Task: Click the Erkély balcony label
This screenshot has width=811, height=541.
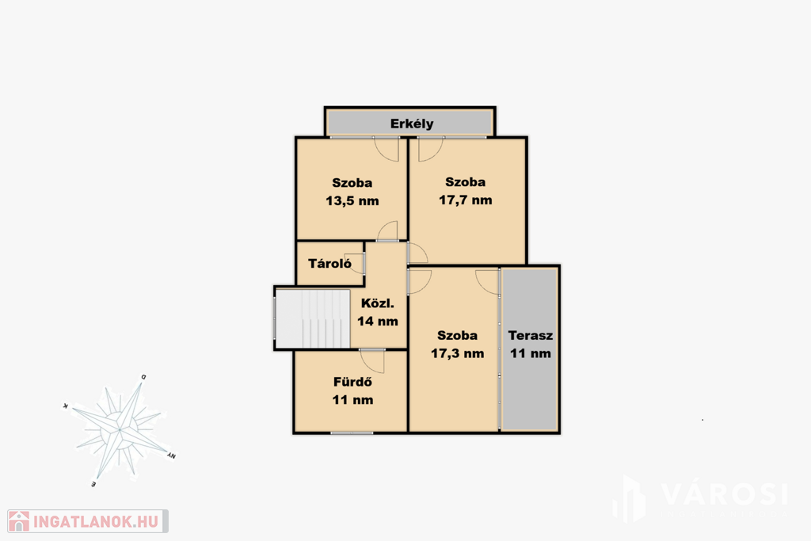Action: (412, 124)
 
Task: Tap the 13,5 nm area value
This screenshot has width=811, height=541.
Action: (352, 200)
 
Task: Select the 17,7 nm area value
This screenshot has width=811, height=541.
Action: (466, 200)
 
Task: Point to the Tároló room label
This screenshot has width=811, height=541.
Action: (329, 263)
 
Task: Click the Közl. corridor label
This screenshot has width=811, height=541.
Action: (378, 303)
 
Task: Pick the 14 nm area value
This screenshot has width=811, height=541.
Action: (378, 321)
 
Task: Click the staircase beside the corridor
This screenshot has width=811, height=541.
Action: (313, 318)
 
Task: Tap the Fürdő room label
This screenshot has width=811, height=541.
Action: (352, 383)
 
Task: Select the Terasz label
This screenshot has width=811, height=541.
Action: (531, 335)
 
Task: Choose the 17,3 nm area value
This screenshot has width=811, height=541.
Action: (458, 354)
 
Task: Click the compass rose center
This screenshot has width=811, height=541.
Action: (120, 430)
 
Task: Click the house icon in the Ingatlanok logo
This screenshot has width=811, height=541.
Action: (19, 521)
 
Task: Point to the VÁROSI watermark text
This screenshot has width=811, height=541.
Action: (725, 494)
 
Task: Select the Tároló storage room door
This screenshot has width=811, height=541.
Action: (358, 264)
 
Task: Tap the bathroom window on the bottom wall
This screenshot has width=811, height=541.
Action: (352, 432)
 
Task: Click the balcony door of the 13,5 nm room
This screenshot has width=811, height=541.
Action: (386, 149)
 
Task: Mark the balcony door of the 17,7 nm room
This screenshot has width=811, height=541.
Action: (431, 149)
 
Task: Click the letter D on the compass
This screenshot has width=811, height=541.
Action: (144, 377)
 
